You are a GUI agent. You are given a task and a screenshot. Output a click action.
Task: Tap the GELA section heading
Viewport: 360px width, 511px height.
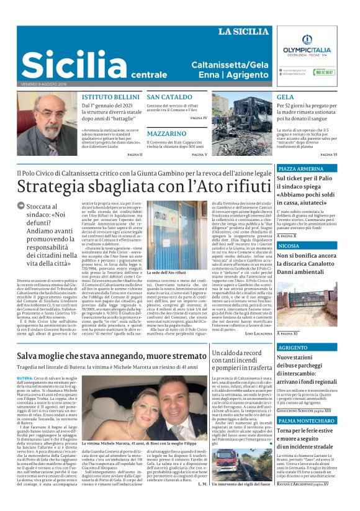coord(286,98)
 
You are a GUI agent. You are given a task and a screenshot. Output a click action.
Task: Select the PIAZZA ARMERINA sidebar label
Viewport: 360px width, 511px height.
coord(302,169)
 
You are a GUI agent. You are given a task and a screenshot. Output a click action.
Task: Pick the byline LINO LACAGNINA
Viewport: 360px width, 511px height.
coord(251,334)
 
